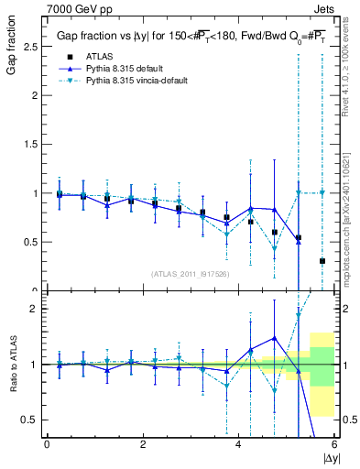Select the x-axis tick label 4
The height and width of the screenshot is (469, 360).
238,444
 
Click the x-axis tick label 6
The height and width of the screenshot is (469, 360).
334,444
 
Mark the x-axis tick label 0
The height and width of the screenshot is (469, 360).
47,444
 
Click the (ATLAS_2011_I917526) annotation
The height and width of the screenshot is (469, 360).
191,274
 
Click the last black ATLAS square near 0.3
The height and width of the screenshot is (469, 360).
322,261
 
